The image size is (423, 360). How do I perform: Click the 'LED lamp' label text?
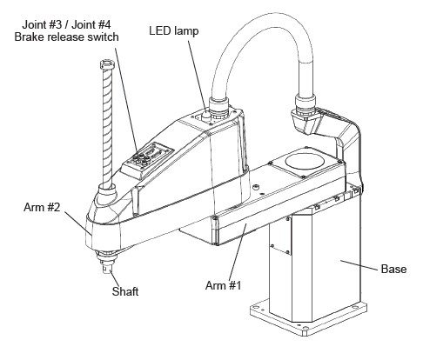[x=174, y=30]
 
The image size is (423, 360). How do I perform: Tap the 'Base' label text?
[x=393, y=269]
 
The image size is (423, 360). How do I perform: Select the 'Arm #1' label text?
[x=223, y=285]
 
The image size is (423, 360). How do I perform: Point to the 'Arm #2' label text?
[x=42, y=207]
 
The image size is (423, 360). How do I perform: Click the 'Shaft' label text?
[x=125, y=291]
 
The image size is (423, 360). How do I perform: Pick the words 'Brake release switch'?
[x=66, y=37]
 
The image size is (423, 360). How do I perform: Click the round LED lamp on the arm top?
[x=206, y=116]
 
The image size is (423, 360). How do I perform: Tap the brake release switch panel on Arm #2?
[x=148, y=161]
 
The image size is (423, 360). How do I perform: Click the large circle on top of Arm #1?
[x=304, y=161]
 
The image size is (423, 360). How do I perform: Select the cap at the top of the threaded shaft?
[x=107, y=64]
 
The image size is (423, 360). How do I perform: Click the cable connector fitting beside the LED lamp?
[x=219, y=108]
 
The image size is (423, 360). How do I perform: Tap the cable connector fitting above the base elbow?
[x=305, y=104]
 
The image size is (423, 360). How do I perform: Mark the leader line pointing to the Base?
[x=359, y=265]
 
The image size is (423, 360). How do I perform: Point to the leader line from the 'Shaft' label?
[x=114, y=277]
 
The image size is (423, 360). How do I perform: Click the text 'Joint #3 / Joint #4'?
[x=66, y=25]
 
